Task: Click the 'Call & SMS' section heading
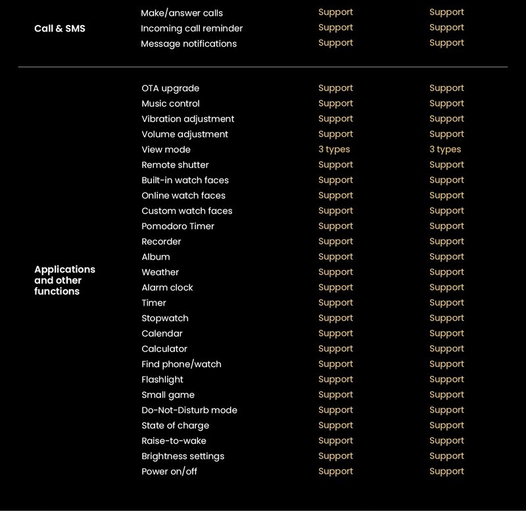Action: pyautogui.click(x=60, y=28)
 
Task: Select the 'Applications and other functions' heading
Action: pyautogui.click(x=64, y=280)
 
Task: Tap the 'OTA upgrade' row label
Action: pyautogui.click(x=170, y=89)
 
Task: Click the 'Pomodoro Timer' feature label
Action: pyautogui.click(x=178, y=227)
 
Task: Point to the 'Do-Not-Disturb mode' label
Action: pyautogui.click(x=189, y=411)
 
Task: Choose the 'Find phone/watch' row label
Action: pyautogui.click(x=181, y=365)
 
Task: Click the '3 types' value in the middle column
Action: pyautogui.click(x=334, y=150)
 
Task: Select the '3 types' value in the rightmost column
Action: pyautogui.click(x=445, y=150)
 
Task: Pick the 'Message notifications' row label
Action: pyautogui.click(x=189, y=44)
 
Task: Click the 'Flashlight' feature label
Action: pyautogui.click(x=162, y=380)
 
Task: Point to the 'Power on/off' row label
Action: pyautogui.click(x=169, y=472)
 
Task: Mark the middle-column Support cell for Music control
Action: pyautogui.click(x=335, y=104)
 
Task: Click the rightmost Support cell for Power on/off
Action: pyautogui.click(x=446, y=472)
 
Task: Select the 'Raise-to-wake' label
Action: pyautogui.click(x=174, y=441)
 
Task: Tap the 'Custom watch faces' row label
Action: pyautogui.click(x=187, y=211)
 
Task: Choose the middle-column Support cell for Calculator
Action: pyautogui.click(x=335, y=349)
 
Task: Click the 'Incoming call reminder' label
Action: pyautogui.click(x=191, y=28)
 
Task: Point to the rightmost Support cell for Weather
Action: pyautogui.click(x=446, y=272)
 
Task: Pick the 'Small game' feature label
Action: pyautogui.click(x=168, y=395)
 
